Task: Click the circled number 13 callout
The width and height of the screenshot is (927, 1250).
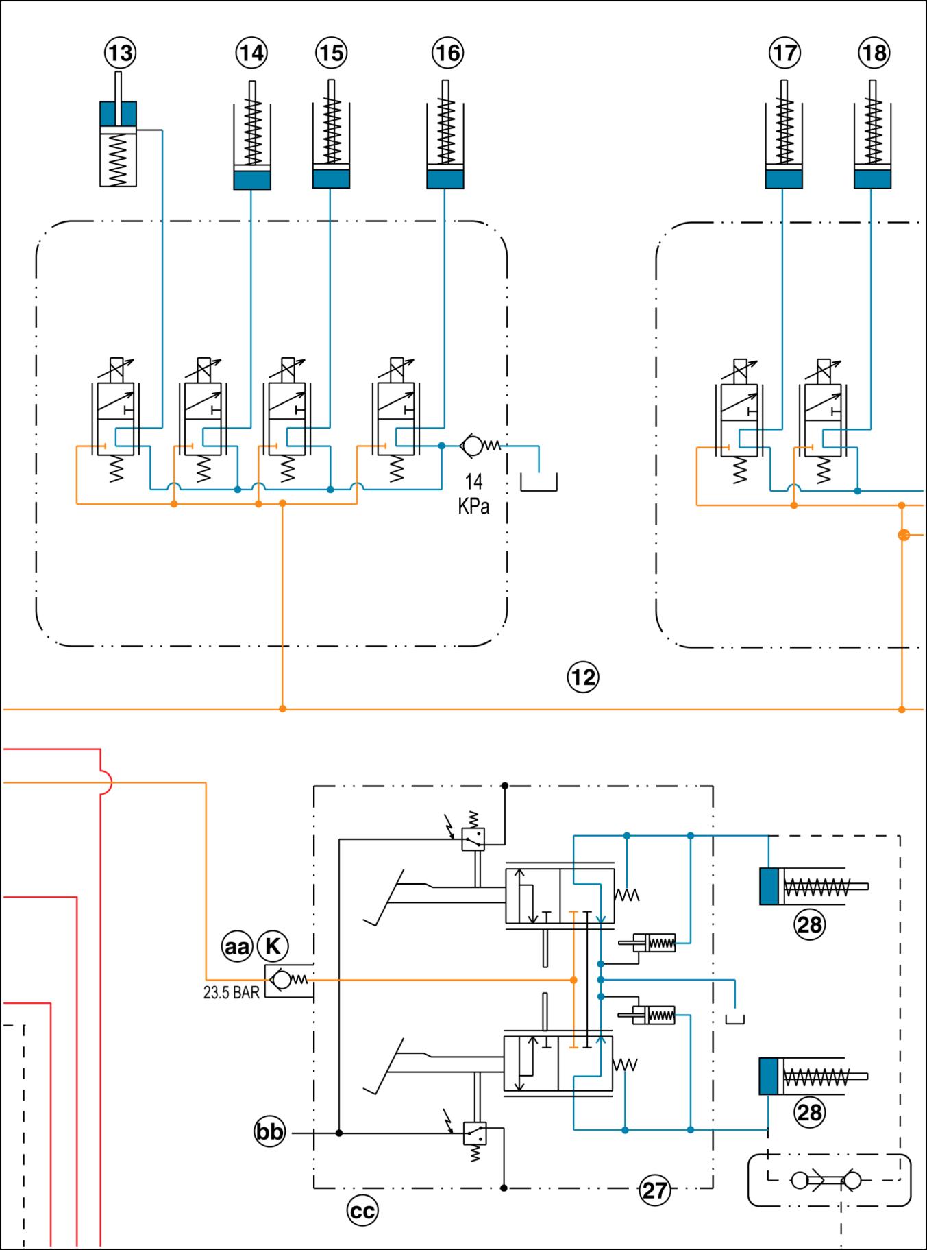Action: pos(121,53)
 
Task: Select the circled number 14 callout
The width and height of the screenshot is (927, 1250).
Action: pos(251,53)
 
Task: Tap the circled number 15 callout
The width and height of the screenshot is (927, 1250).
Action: pos(332,53)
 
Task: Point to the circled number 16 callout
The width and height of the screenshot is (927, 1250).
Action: pos(448,53)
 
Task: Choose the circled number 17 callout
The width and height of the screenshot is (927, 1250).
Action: pos(784,53)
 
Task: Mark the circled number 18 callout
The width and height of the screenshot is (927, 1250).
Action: pos(874,53)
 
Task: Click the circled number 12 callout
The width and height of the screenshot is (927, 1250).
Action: pos(583,677)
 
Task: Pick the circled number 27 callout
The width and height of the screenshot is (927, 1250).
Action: pos(655,1190)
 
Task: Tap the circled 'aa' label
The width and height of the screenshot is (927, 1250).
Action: pos(237,947)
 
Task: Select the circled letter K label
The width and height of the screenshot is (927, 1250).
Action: pos(273,947)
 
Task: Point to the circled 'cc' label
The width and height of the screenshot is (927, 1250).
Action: pos(362,1212)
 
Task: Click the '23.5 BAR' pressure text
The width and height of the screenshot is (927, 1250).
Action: pos(232,993)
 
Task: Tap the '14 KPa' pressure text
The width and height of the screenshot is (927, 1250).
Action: pos(473,494)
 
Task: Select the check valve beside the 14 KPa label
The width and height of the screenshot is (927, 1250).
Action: pos(473,446)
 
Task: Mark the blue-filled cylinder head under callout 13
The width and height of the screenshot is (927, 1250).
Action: pos(118,114)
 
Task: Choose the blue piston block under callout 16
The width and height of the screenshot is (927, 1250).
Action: pos(445,179)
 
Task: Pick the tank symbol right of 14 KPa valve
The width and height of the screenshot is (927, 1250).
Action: pos(539,482)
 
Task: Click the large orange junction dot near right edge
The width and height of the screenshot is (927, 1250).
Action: pos(904,535)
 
